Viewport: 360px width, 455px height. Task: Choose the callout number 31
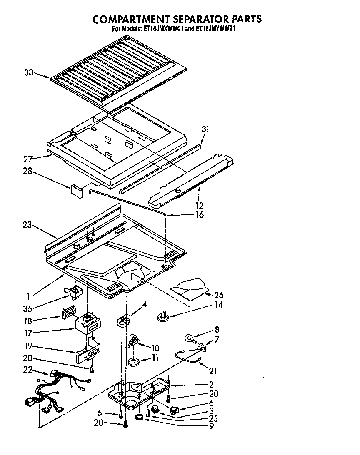205,129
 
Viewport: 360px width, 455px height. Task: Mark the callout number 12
200,205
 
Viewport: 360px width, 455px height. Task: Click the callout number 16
200,215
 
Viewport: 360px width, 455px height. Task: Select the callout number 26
219,295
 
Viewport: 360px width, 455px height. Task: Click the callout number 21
212,370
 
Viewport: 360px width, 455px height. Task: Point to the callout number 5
100,413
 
